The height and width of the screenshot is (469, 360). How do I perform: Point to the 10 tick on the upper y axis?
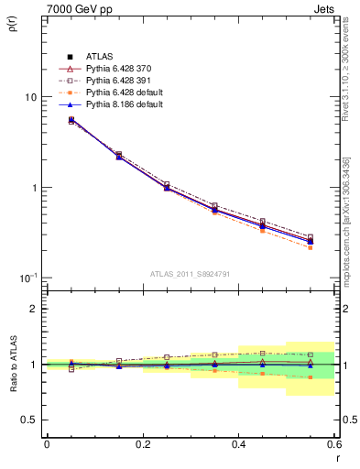[30, 97]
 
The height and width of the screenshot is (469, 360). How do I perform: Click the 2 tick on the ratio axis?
[33, 309]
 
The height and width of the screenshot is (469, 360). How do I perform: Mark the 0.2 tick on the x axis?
[142, 444]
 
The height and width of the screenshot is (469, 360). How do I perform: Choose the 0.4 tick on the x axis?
[238, 444]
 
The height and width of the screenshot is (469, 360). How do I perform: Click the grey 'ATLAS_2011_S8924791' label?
[190, 273]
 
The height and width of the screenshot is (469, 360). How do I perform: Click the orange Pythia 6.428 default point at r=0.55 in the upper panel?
[311, 247]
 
